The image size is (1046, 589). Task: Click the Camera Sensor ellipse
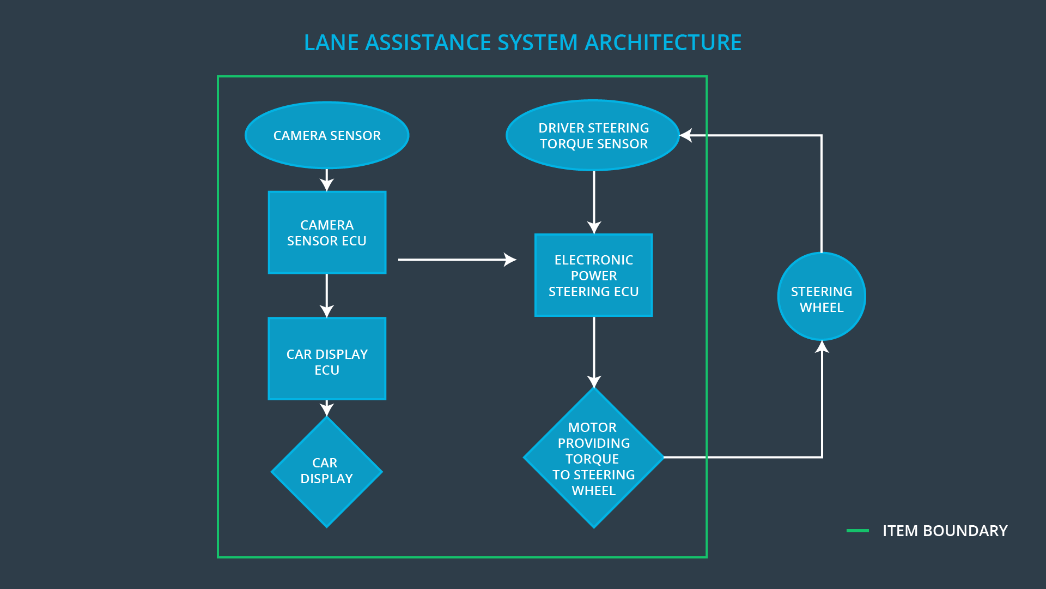click(x=327, y=135)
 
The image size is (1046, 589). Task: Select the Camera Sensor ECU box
click(x=327, y=232)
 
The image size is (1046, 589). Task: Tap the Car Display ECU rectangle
click(x=327, y=359)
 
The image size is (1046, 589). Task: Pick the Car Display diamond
click(x=327, y=472)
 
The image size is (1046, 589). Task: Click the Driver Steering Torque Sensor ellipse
click(x=593, y=135)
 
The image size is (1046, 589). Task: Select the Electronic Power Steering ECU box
click(x=593, y=275)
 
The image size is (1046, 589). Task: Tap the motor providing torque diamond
click(x=593, y=458)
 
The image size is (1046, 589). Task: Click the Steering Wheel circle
click(x=822, y=297)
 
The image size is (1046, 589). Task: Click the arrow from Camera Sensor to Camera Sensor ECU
click(x=327, y=180)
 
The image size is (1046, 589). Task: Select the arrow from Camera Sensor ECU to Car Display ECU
click(x=327, y=295)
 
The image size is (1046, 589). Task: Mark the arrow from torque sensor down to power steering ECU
click(x=594, y=202)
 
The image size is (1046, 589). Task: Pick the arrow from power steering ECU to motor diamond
click(x=594, y=352)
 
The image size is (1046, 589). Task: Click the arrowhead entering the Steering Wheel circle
click(x=822, y=347)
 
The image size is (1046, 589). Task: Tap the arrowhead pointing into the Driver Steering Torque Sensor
click(x=686, y=135)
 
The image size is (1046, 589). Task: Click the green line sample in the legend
click(x=858, y=530)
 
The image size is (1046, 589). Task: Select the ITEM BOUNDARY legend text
click(x=945, y=531)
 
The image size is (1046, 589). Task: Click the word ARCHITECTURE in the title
click(x=663, y=43)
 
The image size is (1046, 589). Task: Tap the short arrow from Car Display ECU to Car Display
click(x=327, y=408)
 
